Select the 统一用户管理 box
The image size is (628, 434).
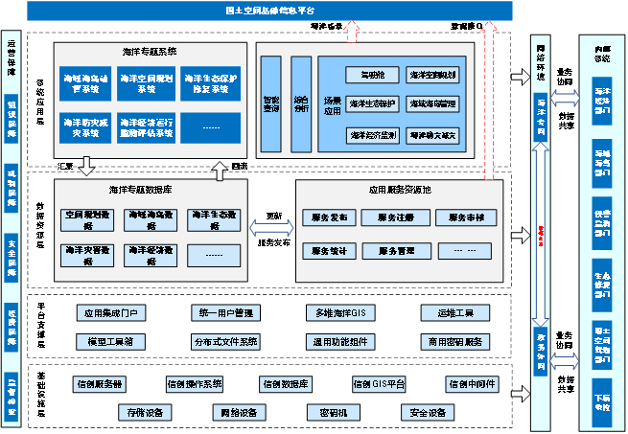[225, 313]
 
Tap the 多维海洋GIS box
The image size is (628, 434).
[340, 313]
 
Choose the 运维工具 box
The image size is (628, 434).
[454, 313]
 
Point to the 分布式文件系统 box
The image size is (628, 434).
[225, 341]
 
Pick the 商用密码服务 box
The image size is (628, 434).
[454, 341]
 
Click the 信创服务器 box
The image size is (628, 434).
[100, 384]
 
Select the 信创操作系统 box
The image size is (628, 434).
[194, 384]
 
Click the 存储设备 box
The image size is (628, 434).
[146, 413]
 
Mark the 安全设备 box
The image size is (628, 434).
[427, 413]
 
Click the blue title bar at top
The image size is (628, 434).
[268, 11]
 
